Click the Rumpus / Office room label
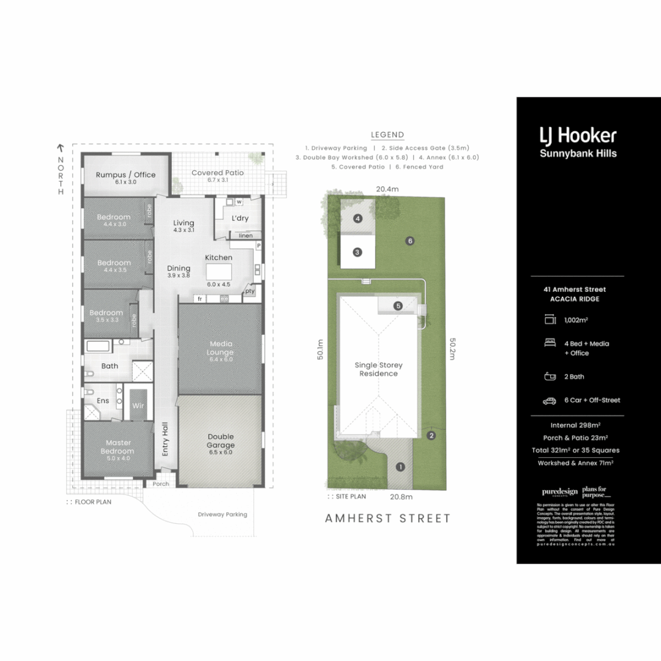point(125,174)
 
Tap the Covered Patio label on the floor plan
point(217,173)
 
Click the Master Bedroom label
point(119,447)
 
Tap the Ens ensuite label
point(103,401)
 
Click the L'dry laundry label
point(239,218)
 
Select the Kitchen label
point(218,258)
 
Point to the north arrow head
point(60,148)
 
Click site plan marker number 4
point(357,218)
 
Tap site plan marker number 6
point(410,241)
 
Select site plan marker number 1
point(400,467)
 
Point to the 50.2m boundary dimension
point(453,349)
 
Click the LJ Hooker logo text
point(577,135)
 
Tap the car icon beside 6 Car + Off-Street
point(549,400)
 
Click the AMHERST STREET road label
point(387,518)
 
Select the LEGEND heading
point(387,135)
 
